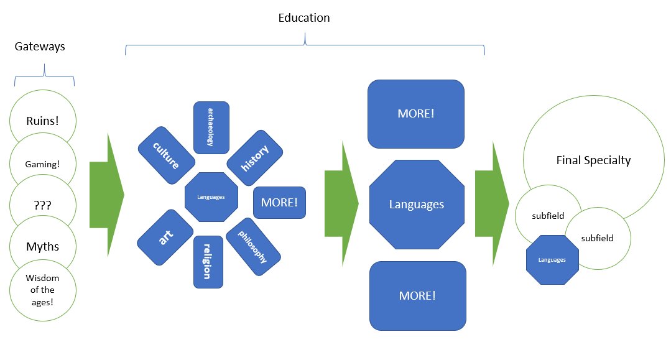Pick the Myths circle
pyautogui.click(x=42, y=247)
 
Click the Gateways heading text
pyautogui.click(x=40, y=47)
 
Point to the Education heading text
pyautogui.click(x=303, y=18)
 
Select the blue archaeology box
pyautogui.click(x=211, y=127)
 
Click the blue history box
pyautogui.click(x=255, y=158)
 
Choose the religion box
pyautogui.click(x=208, y=262)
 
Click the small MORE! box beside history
pyautogui.click(x=279, y=202)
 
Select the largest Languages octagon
pyautogui.click(x=417, y=204)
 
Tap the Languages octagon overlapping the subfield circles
pyautogui.click(x=552, y=259)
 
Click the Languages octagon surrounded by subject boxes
pyautogui.click(x=211, y=197)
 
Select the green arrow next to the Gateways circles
pyautogui.click(x=106, y=195)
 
